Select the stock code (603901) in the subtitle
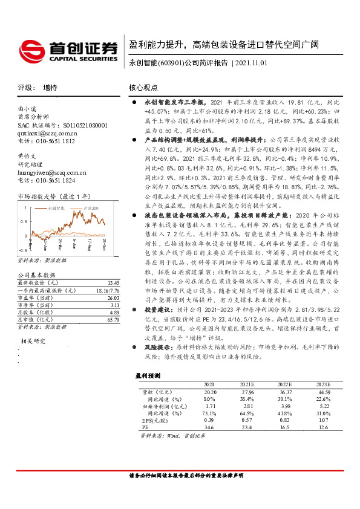tap(171, 63)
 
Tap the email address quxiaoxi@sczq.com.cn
tap(48, 133)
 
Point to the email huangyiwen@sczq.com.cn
tap(52, 172)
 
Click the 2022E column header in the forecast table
tap(284, 384)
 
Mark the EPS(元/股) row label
tap(152, 420)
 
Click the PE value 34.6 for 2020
tap(209, 427)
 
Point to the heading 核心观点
tap(143, 88)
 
